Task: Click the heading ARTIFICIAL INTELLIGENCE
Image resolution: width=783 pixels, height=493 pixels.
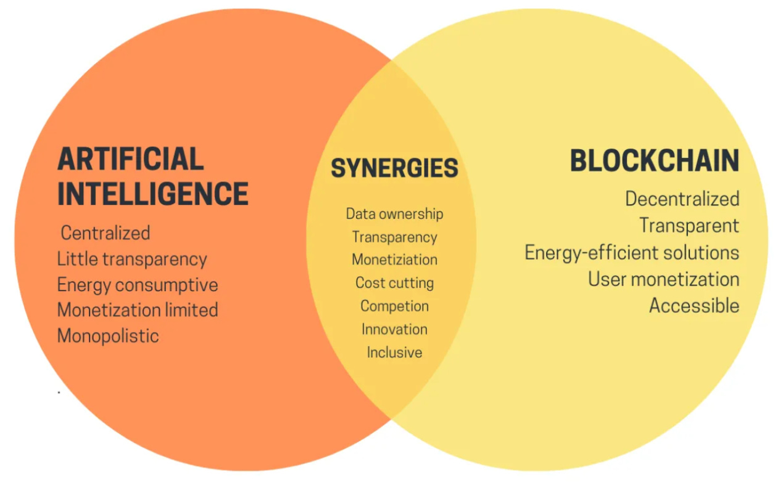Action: point(152,176)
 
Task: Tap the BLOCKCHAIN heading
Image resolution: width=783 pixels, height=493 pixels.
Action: point(654,161)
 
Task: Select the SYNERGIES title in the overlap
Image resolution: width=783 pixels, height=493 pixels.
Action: point(394,168)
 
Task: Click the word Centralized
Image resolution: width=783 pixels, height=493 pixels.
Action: point(106,233)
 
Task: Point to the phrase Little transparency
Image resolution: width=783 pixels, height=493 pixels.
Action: point(132,259)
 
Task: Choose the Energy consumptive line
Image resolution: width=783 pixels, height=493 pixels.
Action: point(138,285)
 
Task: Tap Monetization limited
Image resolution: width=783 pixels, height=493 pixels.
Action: point(138,310)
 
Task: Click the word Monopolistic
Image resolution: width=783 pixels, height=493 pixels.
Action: point(108,336)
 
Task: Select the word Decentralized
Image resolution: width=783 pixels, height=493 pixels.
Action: point(682,199)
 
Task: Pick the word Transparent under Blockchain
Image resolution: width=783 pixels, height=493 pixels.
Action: point(689,225)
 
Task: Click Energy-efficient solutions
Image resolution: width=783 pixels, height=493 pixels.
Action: point(632,252)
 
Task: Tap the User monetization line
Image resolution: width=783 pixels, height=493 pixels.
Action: point(663,279)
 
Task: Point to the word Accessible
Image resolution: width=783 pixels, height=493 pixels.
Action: point(694,305)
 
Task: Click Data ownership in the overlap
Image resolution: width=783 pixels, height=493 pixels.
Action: point(394,214)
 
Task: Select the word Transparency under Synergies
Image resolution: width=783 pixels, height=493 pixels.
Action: point(394,237)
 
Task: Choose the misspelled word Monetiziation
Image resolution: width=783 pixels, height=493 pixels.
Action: point(394,260)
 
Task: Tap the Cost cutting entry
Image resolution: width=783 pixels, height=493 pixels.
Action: point(394,283)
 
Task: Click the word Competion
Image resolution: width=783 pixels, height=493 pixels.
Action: point(394,306)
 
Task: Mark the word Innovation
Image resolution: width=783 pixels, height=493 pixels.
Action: point(394,329)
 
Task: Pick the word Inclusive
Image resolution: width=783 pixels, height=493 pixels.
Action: point(394,352)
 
